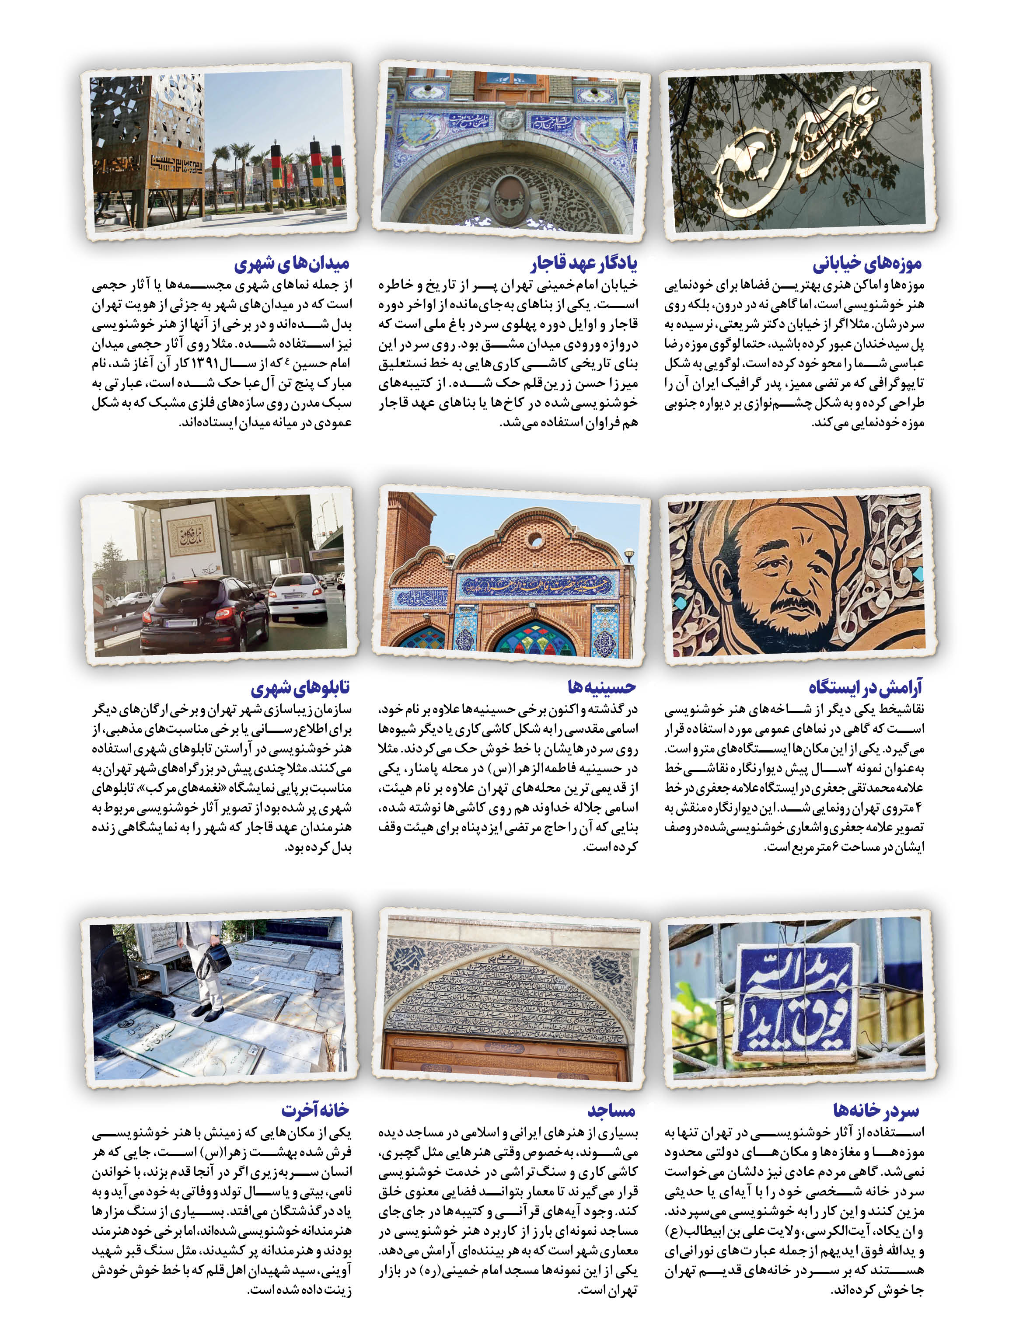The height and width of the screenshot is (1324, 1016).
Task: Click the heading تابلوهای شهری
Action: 300,687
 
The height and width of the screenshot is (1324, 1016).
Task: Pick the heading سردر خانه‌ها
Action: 876,1111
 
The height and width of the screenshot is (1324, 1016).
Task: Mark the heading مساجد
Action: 611,1111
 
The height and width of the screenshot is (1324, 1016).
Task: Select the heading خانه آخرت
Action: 315,1111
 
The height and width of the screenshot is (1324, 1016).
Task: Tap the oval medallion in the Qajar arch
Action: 509,195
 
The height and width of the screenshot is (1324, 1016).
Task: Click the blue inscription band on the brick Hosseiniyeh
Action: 536,585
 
